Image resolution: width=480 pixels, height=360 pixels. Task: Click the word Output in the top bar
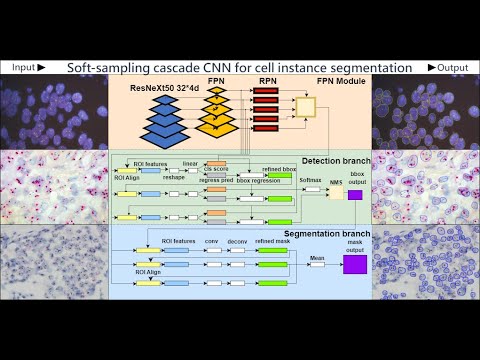pyautogui.click(x=452, y=67)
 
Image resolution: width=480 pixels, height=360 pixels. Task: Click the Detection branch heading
pyautogui.click(x=335, y=160)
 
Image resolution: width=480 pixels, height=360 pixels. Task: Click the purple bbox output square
pyautogui.click(x=355, y=195)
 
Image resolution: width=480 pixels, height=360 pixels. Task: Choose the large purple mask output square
pyautogui.click(x=355, y=264)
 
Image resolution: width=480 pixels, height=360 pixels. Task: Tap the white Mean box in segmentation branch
pyautogui.click(x=316, y=264)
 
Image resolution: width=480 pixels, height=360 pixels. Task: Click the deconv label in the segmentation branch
pyautogui.click(x=238, y=241)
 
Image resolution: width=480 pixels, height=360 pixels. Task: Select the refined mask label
pyautogui.click(x=272, y=241)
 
